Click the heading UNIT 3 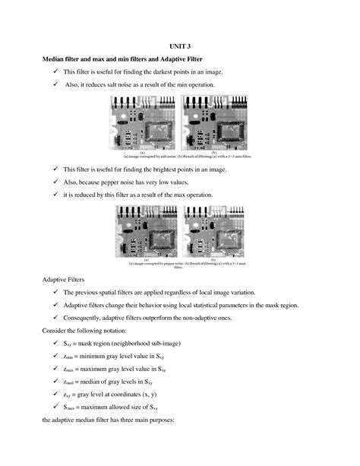(180, 45)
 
